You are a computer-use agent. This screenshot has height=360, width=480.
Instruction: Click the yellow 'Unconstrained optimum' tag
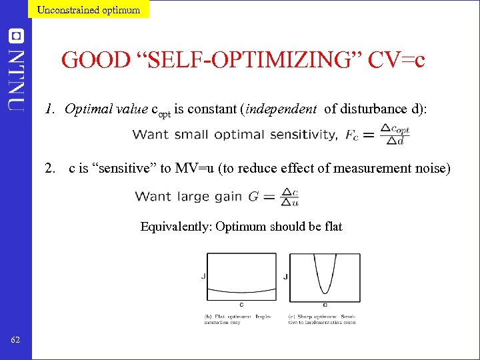click(89, 9)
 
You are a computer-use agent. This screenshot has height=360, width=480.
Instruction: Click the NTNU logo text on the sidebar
click(17, 70)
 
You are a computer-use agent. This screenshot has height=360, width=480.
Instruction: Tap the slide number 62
click(16, 341)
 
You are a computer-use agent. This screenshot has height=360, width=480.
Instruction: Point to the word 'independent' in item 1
click(281, 109)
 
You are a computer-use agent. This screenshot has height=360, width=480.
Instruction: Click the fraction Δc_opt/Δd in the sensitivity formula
click(394, 134)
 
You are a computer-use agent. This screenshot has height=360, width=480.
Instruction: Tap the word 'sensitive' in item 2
click(123, 168)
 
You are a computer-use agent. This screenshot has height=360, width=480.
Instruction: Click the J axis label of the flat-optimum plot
click(203, 276)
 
